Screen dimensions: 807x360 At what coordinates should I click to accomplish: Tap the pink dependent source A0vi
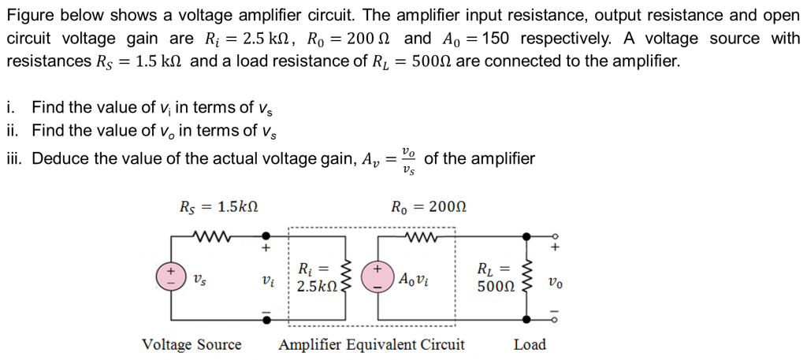(x=378, y=278)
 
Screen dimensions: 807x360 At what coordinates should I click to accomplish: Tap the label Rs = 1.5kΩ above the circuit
(x=218, y=208)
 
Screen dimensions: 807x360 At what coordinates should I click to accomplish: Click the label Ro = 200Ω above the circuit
(x=430, y=208)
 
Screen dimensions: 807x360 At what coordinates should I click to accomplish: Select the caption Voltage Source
(x=192, y=344)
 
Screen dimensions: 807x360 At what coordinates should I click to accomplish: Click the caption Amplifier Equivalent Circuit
(x=372, y=344)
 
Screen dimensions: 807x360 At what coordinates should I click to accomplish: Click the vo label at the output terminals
(x=556, y=282)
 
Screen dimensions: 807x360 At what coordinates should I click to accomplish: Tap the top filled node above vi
(x=266, y=236)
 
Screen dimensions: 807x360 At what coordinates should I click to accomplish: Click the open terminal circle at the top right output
(x=556, y=236)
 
